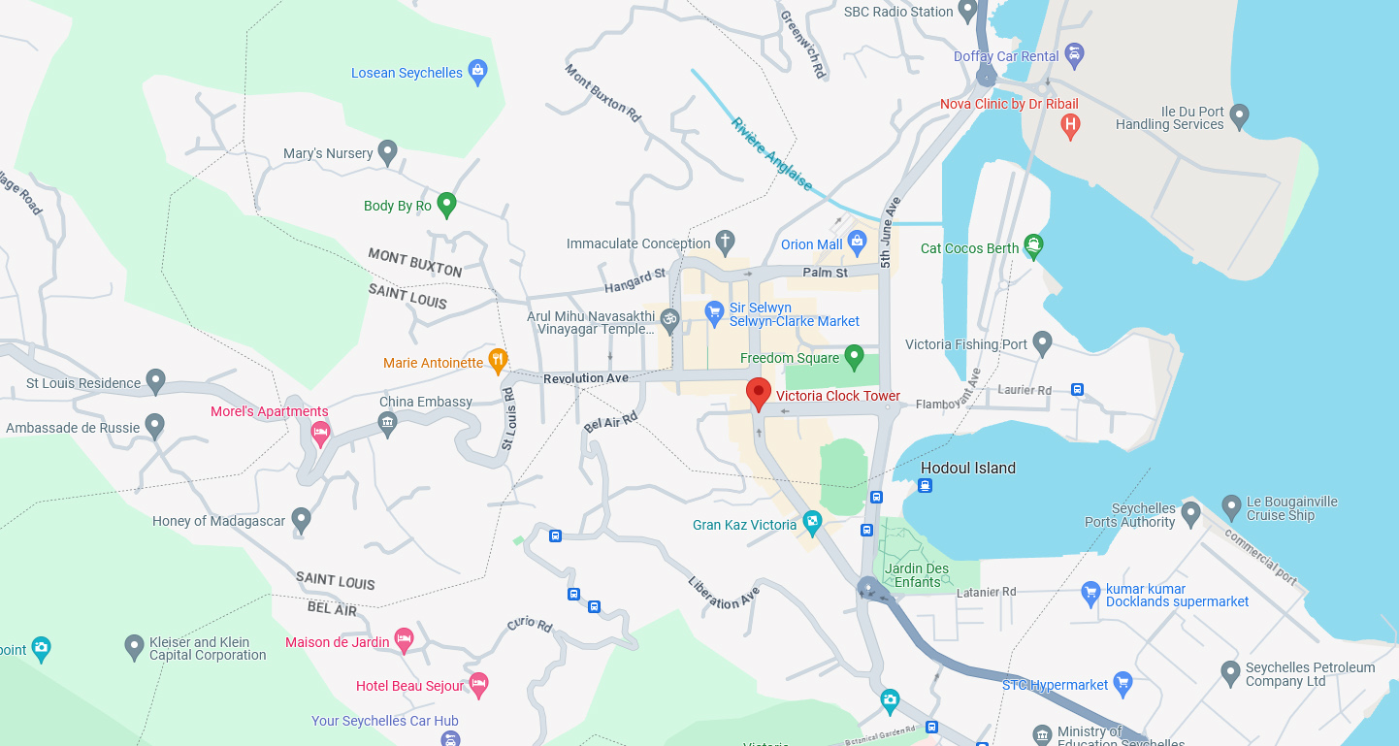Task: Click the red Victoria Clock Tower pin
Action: [x=759, y=393]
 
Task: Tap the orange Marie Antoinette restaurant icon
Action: [x=498, y=361]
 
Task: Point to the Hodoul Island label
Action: [x=967, y=468]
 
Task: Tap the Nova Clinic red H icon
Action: [x=1070, y=125]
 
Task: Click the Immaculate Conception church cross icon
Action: [x=725, y=242]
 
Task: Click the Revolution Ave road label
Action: [x=586, y=378]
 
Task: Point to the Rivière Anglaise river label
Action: [x=771, y=153]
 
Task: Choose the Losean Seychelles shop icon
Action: [x=476, y=71]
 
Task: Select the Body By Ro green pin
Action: [x=446, y=204]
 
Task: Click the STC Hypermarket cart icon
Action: [x=1122, y=683]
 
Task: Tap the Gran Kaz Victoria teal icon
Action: [x=812, y=524]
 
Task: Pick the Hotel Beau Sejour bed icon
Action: [x=478, y=685]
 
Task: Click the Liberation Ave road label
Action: [x=723, y=593]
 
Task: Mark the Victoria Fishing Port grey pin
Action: [x=1042, y=342]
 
